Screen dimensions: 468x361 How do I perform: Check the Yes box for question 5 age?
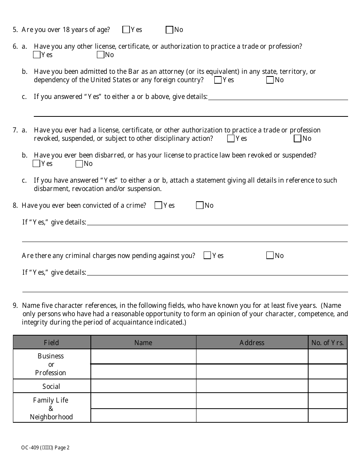[x=126, y=30]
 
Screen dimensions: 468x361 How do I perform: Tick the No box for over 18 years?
[x=169, y=30]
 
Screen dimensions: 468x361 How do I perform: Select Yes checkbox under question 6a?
[x=37, y=55]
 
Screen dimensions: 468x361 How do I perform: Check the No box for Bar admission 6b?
[x=270, y=80]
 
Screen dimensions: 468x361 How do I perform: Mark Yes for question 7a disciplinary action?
[x=231, y=138]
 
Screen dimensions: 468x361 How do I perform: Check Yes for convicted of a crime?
[x=158, y=205]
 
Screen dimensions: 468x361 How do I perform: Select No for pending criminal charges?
[x=270, y=256]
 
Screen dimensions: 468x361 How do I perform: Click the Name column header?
[x=143, y=343]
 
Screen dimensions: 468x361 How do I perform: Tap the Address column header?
[x=252, y=343]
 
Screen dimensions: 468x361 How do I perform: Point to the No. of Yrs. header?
[x=327, y=343]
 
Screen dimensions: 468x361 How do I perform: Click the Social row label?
[x=51, y=387]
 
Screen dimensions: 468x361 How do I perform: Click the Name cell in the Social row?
[x=143, y=386]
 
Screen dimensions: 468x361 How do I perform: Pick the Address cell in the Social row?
[x=252, y=386]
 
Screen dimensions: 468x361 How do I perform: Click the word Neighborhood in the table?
[x=51, y=417]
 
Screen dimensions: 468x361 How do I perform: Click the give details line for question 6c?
[x=277, y=97]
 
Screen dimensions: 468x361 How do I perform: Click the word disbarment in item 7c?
[x=51, y=189]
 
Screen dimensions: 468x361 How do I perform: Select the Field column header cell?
[x=51, y=343]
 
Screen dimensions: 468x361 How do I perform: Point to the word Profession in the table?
[x=51, y=373]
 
